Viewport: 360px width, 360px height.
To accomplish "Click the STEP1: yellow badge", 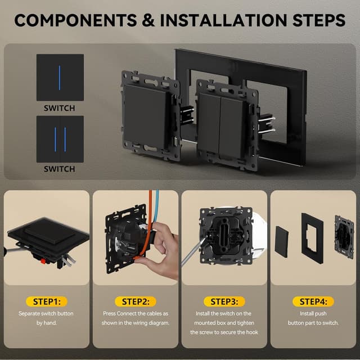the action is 47,301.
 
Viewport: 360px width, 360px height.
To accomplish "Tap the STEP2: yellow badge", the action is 136,301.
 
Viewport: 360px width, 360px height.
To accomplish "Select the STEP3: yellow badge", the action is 224,301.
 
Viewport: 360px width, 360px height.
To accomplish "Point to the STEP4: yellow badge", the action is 313,301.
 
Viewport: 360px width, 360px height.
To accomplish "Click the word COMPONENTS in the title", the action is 76,20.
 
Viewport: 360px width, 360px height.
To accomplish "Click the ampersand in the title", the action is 148,20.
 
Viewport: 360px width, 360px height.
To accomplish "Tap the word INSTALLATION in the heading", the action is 223,20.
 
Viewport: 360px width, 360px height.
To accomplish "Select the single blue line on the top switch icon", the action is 60,78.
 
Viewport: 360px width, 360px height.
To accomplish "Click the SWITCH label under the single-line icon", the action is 60,108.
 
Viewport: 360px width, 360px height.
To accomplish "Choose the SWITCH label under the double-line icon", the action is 60,169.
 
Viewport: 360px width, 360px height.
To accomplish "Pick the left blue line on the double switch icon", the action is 55,139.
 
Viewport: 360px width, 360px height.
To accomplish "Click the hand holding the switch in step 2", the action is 159,250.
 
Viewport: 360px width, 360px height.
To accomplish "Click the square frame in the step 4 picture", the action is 312,238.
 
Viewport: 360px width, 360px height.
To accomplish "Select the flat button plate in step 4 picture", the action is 282,242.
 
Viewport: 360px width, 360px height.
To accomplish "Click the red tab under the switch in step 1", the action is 43,261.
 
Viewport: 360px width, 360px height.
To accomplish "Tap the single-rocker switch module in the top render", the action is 150,116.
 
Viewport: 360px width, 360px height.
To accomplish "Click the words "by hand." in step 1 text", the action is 47,323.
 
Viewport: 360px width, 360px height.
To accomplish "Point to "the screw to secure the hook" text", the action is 224,332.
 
